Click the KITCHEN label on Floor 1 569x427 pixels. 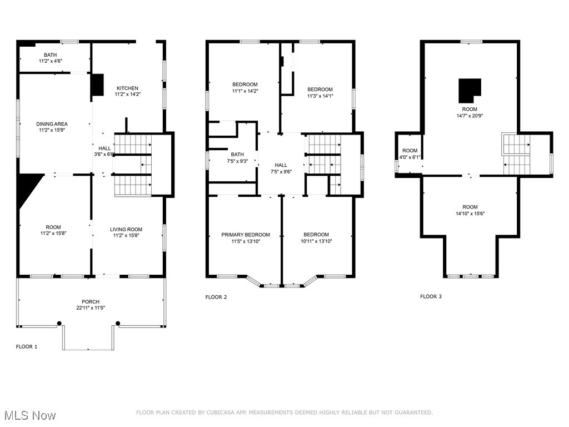point(127,88)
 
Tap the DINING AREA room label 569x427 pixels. point(52,124)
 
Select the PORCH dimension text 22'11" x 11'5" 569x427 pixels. point(91,308)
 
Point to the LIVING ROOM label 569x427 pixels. point(126,229)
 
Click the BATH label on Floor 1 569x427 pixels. point(51,54)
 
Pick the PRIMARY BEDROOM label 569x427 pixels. point(246,235)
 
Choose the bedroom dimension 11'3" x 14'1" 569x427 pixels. point(320,96)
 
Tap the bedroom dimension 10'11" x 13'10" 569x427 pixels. point(316,241)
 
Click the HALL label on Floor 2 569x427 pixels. point(281,165)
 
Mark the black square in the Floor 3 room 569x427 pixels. point(470,88)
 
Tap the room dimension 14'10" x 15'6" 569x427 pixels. point(470,213)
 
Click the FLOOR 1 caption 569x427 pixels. point(27,346)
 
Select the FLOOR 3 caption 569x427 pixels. point(431,296)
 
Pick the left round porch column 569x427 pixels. point(59,322)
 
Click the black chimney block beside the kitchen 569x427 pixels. point(97,85)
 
